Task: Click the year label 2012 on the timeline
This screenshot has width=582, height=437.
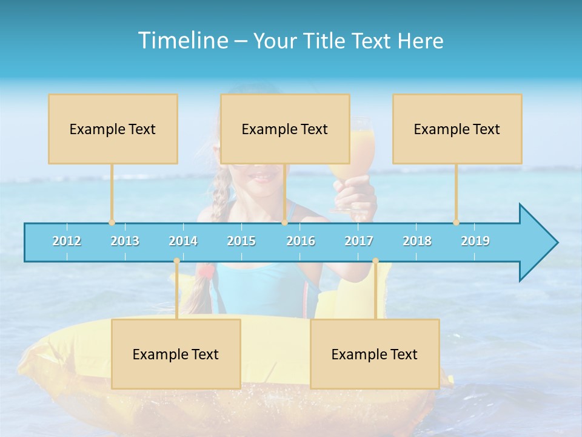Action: coord(67,241)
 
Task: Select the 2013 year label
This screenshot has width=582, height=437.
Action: coord(125,241)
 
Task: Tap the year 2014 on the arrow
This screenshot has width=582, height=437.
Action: coord(183,241)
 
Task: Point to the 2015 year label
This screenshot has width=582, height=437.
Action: coord(241,241)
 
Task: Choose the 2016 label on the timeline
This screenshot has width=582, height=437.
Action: coord(301,241)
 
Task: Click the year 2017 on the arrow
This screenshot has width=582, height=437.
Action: coord(359,241)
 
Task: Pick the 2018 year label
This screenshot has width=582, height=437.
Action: coord(417,241)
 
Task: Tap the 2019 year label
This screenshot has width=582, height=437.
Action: coord(475,241)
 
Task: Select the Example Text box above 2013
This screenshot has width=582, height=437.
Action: coord(113,129)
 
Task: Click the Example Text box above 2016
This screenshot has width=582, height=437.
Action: coord(285,129)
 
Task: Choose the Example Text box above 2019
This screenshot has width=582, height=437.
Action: coord(457,129)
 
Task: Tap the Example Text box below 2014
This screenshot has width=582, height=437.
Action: coord(176,354)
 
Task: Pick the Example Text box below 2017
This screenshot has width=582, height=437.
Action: coord(375,354)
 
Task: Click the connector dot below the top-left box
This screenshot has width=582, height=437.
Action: coord(112,222)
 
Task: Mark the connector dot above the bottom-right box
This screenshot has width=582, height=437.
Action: coord(375,261)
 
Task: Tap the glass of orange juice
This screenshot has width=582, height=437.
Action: coord(358,152)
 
